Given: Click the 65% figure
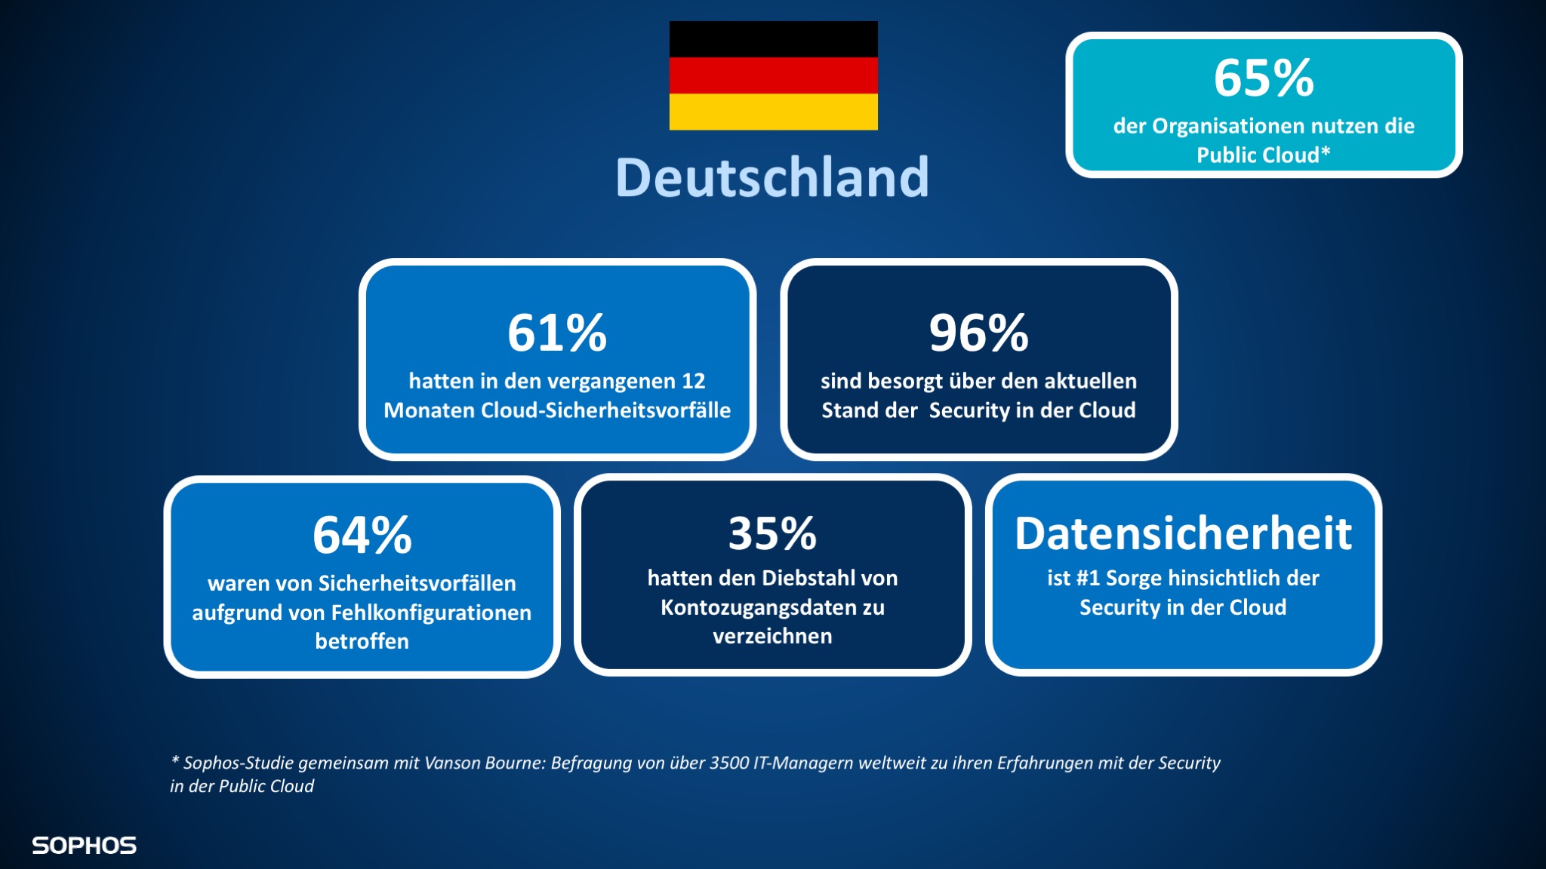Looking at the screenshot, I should (x=1264, y=78).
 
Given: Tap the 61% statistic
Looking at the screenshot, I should (x=557, y=333).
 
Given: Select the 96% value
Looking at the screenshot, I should (x=978, y=333).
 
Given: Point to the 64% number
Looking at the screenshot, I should (x=362, y=536).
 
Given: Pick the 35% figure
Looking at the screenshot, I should (x=772, y=533).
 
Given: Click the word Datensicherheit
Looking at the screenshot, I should (x=1183, y=534).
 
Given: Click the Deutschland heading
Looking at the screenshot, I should (x=772, y=178).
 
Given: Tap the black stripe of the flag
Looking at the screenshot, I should (x=773, y=39).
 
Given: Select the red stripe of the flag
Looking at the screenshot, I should (x=773, y=75).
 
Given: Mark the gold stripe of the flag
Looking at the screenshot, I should (x=773, y=112).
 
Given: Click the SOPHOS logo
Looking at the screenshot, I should (x=84, y=846).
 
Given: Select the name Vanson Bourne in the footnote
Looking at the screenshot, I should (x=484, y=763).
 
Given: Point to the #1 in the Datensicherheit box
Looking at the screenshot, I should (x=1088, y=579).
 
